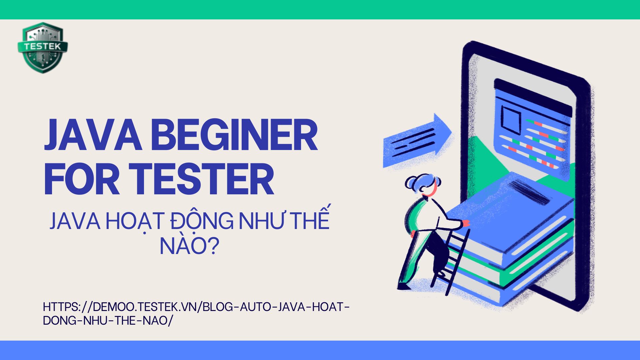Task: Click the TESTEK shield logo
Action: click(43, 48)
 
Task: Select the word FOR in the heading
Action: click(82, 179)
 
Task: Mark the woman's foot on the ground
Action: click(404, 286)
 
